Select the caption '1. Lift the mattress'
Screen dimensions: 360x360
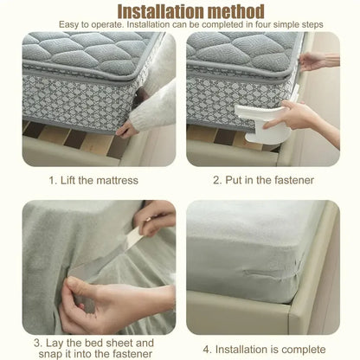[93, 180]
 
